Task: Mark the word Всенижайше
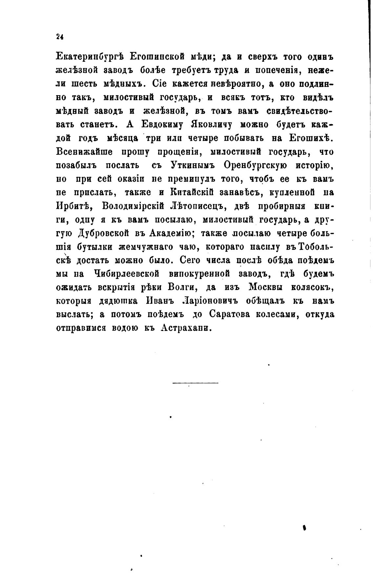[x=85, y=152]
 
